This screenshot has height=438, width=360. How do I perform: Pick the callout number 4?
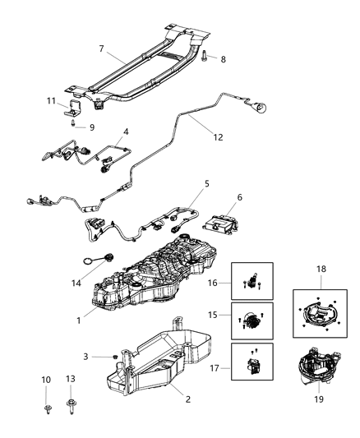[x=126, y=131]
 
